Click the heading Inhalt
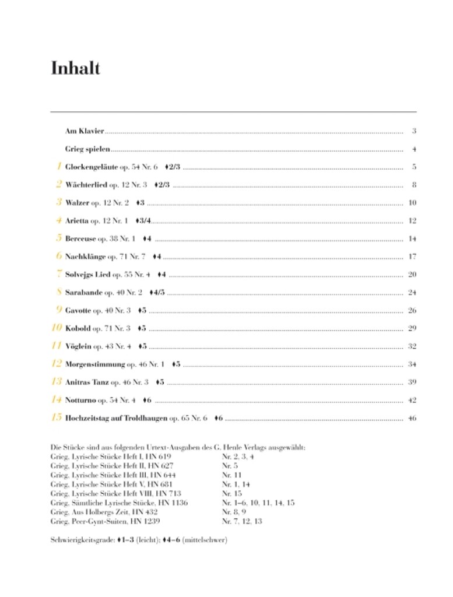(76, 69)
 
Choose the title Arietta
(77, 221)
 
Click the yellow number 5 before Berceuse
(59, 238)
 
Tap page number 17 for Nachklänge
(412, 257)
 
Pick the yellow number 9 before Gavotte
(59, 310)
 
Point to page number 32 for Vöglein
(412, 346)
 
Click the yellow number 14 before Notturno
(57, 400)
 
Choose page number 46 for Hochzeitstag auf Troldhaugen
(412, 418)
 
